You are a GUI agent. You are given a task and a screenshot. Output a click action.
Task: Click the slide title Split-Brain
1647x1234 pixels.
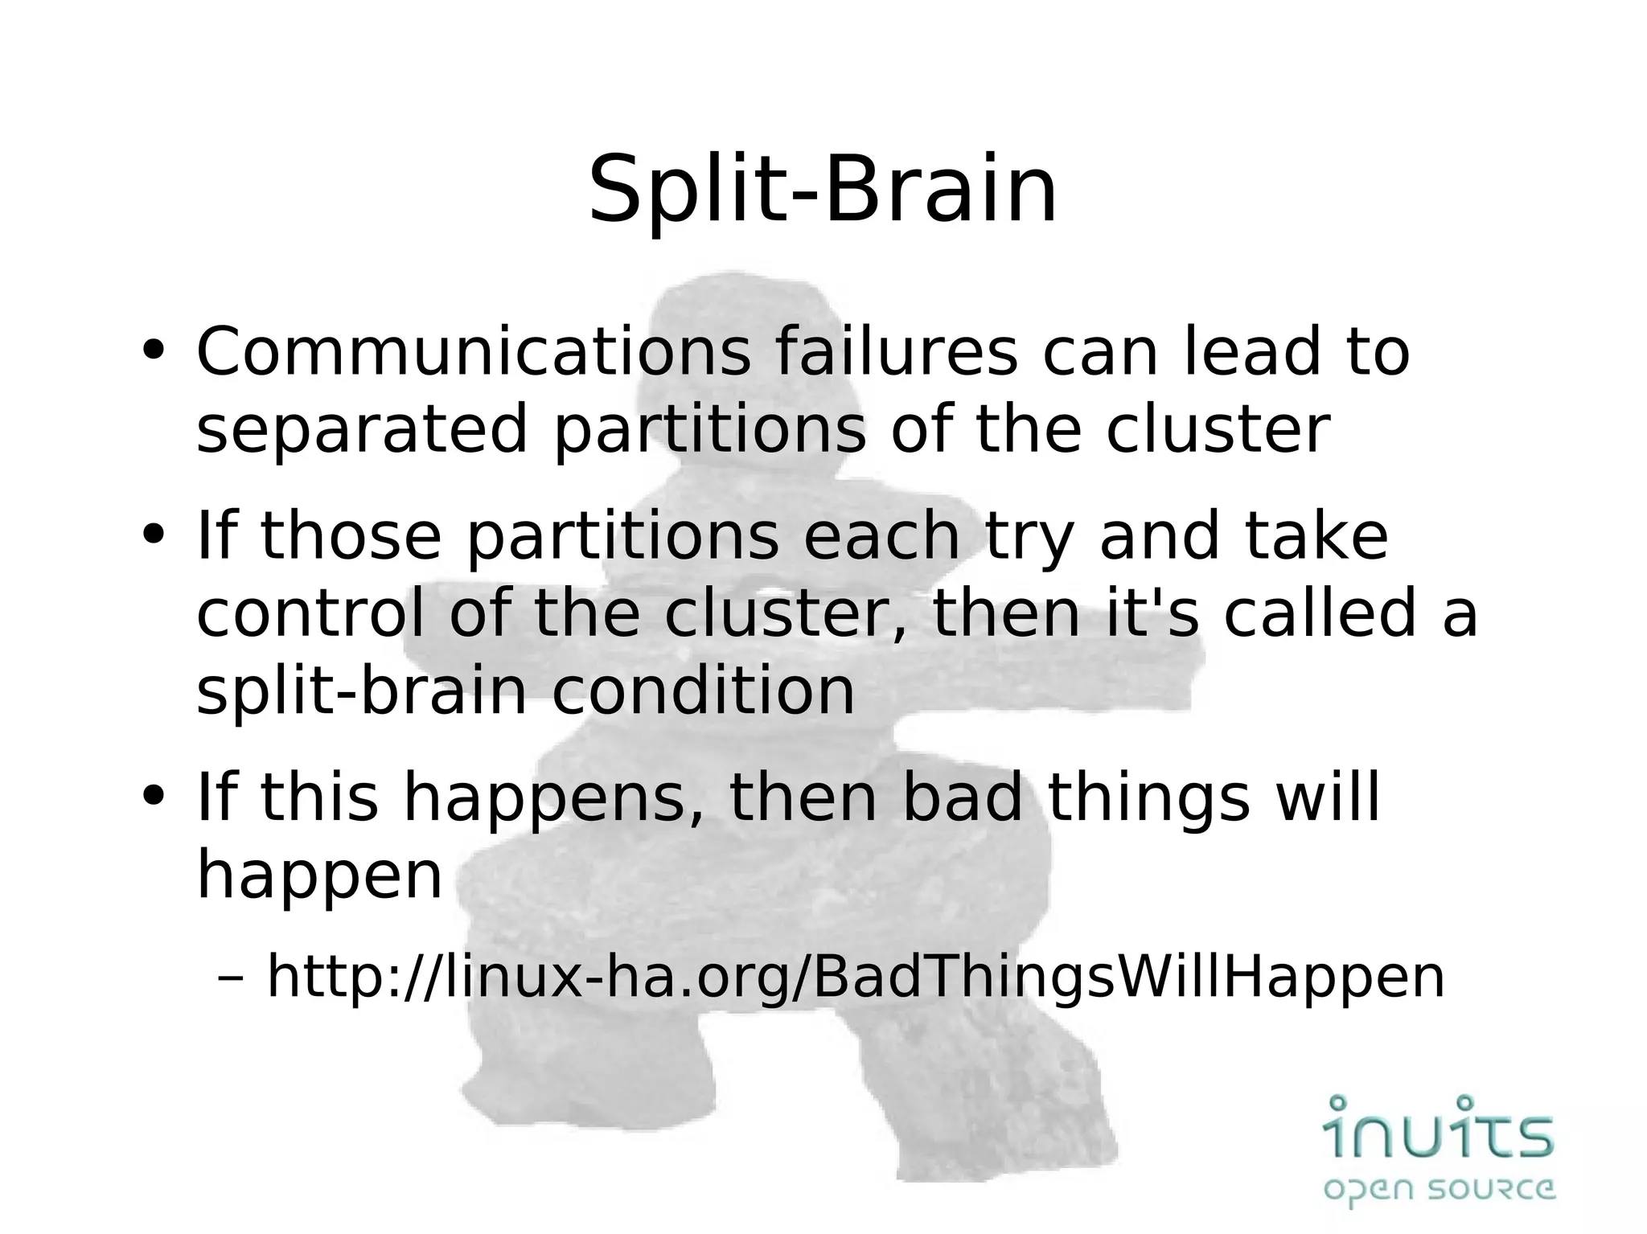[x=823, y=191]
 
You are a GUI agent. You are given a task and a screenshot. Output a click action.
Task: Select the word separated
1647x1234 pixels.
[x=362, y=430]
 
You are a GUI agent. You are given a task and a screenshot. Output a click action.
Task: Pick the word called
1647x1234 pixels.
[x=1320, y=613]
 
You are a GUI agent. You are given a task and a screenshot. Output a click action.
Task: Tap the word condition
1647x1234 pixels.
[x=703, y=691]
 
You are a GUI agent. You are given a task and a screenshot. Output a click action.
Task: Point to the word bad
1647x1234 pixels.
[x=962, y=797]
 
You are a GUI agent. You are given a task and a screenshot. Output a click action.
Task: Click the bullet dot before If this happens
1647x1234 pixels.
[x=152, y=797]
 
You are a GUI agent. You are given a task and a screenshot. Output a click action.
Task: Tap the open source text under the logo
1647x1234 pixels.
[x=1439, y=1189]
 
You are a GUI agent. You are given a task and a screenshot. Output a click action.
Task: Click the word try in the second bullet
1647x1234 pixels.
[x=1030, y=537]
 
